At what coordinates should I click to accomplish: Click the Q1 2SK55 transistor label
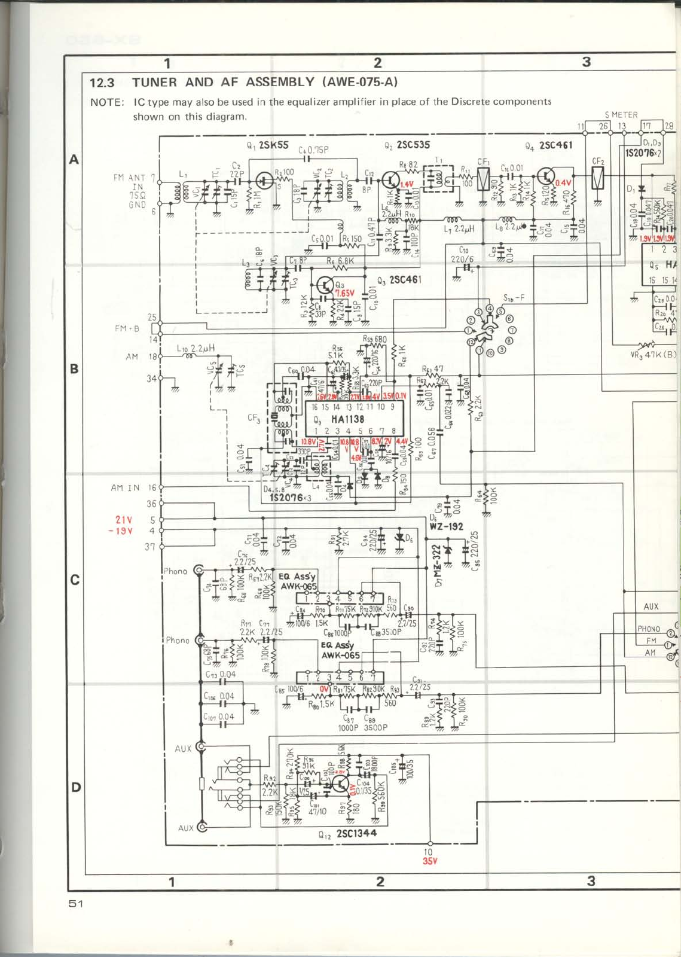[x=267, y=145]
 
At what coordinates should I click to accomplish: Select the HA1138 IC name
[x=348, y=419]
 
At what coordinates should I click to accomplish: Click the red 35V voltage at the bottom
[x=430, y=861]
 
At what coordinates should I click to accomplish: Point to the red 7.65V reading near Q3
[x=345, y=293]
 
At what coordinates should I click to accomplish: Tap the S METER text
[x=621, y=114]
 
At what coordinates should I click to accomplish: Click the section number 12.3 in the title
[x=102, y=83]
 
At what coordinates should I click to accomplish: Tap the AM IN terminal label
[x=125, y=487]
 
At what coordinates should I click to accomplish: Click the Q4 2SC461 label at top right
[x=548, y=145]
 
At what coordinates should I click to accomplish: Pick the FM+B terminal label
[x=127, y=328]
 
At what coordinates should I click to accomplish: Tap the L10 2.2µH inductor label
[x=196, y=348]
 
